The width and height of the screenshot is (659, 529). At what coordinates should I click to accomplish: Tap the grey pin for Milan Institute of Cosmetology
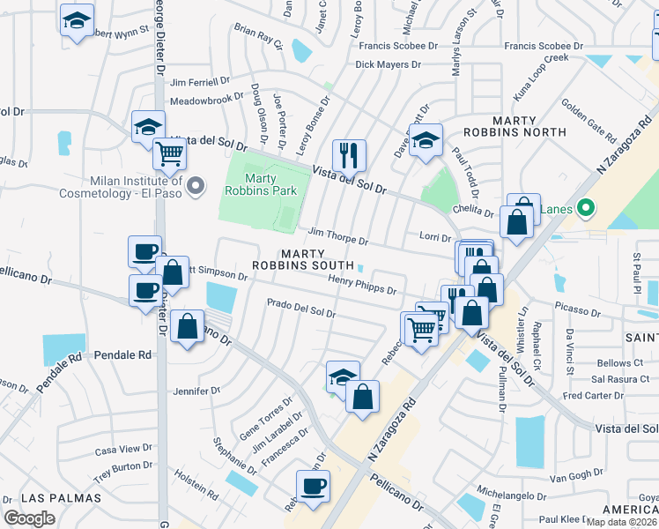(196, 186)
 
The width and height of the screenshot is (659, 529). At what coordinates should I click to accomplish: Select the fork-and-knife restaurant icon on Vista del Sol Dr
(349, 156)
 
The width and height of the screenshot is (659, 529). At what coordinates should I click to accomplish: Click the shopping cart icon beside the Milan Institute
(169, 155)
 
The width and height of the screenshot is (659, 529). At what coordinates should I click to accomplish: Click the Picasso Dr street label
(579, 308)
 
